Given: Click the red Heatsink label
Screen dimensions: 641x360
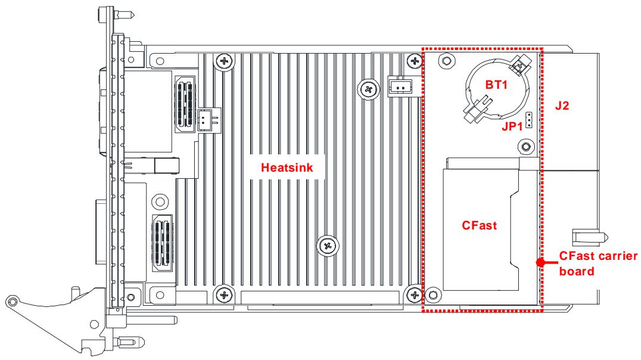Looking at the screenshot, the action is click(x=287, y=167).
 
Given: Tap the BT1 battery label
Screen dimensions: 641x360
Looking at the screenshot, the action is click(x=496, y=85).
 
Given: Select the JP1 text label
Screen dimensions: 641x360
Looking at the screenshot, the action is click(x=512, y=127).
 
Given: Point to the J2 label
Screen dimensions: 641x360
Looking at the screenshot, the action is click(x=562, y=105).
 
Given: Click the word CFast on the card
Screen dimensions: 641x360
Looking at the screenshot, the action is click(x=479, y=225).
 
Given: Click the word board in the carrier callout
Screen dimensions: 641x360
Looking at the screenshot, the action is click(x=577, y=271).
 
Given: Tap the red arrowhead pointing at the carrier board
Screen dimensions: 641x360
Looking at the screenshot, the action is click(x=541, y=262).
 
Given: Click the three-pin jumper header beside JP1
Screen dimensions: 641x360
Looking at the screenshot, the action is click(x=529, y=119).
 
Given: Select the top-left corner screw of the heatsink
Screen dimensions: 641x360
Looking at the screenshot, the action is click(x=224, y=62).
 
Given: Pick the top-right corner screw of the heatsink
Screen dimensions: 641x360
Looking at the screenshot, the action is click(x=415, y=62).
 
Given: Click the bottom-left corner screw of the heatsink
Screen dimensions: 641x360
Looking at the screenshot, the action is click(x=224, y=294).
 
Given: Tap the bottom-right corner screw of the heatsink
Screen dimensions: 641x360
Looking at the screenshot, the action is click(x=415, y=294).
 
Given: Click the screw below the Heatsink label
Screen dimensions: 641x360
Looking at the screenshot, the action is click(x=328, y=246).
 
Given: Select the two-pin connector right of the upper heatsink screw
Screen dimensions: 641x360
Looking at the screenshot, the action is click(x=399, y=86).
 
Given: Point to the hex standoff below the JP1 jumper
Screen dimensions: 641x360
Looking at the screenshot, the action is click(x=526, y=147).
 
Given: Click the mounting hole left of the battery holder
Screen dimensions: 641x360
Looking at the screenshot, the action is click(x=446, y=61).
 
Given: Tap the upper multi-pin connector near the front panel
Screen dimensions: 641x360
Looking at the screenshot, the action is click(x=186, y=104).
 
